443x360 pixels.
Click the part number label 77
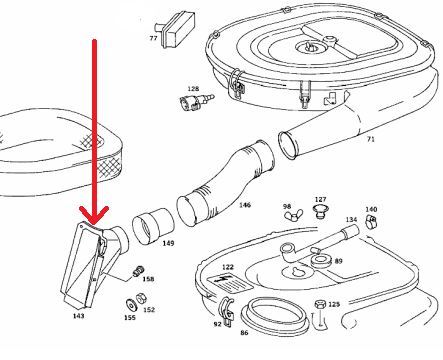click(153, 38)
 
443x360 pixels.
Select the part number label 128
click(193, 89)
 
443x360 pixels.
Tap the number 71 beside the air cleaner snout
click(370, 139)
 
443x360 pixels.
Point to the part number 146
click(245, 205)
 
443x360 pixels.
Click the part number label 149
click(168, 243)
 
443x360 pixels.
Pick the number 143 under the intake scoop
click(78, 316)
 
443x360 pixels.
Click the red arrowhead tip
click(94, 224)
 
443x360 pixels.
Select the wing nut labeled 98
click(294, 215)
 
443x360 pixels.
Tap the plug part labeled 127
click(320, 211)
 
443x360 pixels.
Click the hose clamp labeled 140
click(371, 221)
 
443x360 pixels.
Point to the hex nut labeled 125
click(320, 305)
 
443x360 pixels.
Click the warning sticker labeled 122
click(229, 282)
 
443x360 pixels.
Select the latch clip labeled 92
click(227, 311)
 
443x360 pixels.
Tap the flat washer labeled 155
click(131, 304)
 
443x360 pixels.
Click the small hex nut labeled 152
click(141, 298)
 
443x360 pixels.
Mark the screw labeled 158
click(137, 272)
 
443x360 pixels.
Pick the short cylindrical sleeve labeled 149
click(153, 227)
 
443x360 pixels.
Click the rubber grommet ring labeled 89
click(320, 260)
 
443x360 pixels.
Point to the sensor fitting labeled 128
click(197, 101)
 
